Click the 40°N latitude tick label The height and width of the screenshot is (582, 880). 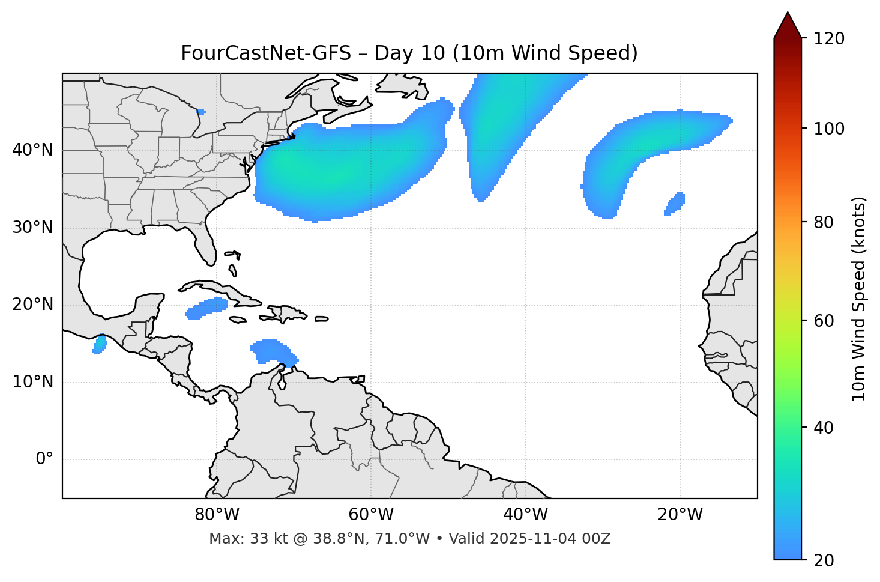point(32,150)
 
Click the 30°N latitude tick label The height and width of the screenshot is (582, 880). point(32,228)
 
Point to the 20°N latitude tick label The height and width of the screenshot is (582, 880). point(32,305)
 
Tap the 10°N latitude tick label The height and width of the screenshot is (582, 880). point(32,382)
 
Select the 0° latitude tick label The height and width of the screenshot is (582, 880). point(44,459)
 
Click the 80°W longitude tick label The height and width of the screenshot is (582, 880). point(217,515)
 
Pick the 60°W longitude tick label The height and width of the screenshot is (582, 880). point(371,515)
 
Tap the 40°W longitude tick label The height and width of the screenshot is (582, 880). point(525,515)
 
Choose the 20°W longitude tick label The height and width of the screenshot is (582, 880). point(680,515)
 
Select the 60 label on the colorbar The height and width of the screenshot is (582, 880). point(822,321)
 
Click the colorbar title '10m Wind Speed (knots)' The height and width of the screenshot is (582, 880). point(859,299)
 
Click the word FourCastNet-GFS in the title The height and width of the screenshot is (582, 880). point(265,53)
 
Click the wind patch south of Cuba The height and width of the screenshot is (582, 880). point(206,307)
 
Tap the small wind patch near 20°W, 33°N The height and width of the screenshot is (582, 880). point(675,204)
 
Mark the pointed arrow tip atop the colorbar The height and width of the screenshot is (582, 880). point(788,13)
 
